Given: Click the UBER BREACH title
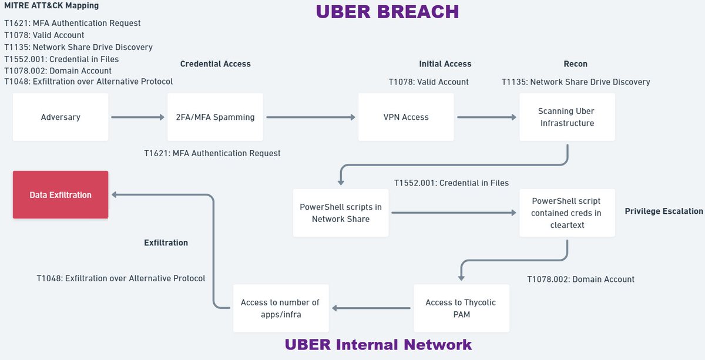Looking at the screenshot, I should click(x=387, y=12).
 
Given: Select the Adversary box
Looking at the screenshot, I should click(x=61, y=117).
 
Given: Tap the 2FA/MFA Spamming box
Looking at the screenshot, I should click(x=216, y=117).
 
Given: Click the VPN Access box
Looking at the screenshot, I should click(x=405, y=117).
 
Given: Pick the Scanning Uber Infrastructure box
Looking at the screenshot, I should click(x=567, y=117).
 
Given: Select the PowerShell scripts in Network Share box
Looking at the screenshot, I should click(x=341, y=213).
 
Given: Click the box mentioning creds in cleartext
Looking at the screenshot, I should click(x=567, y=213).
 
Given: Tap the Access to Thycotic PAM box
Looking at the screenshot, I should click(x=461, y=308).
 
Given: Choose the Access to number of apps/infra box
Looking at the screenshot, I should click(x=280, y=308).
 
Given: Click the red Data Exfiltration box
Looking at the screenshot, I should click(x=61, y=195).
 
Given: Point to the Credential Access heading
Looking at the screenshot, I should click(x=215, y=64).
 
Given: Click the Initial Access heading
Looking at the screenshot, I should click(x=445, y=64).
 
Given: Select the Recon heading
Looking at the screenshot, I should click(x=575, y=64).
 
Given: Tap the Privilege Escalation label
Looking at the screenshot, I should click(x=663, y=211).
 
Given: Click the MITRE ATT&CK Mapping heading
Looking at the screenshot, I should click(x=52, y=6).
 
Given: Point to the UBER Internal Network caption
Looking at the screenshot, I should click(x=378, y=345).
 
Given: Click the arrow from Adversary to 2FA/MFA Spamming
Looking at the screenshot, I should click(x=137, y=117).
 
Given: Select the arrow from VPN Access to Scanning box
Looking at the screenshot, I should click(x=486, y=117).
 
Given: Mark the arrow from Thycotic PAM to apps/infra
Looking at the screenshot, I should click(x=371, y=308).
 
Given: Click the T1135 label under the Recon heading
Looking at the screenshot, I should click(x=575, y=82).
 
